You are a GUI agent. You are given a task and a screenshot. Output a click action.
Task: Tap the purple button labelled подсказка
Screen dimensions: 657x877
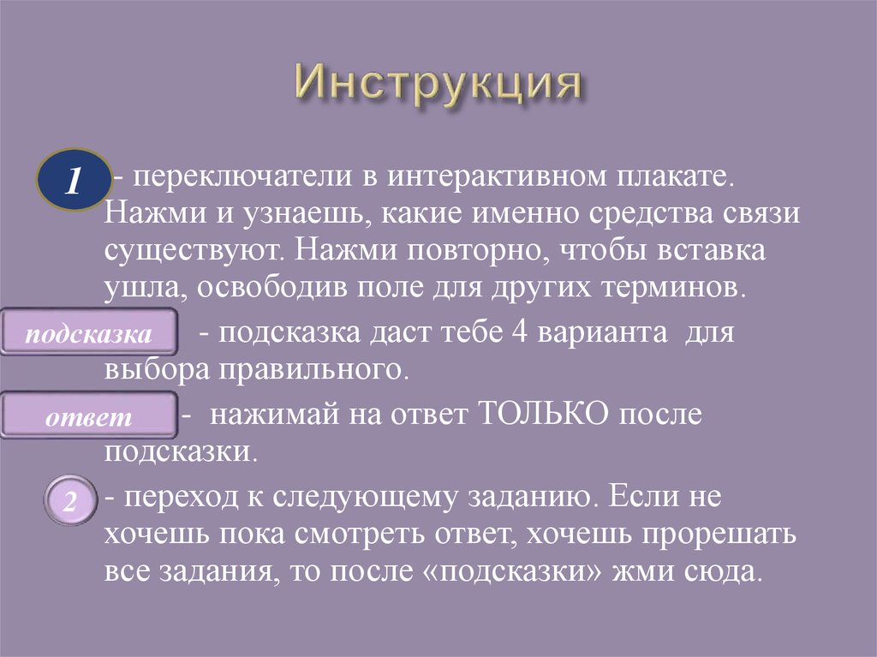coord(89,333)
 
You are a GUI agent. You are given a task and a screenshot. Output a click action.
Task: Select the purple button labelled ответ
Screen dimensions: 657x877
coord(89,417)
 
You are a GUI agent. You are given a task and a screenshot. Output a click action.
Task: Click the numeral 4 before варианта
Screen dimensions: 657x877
coord(520,332)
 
